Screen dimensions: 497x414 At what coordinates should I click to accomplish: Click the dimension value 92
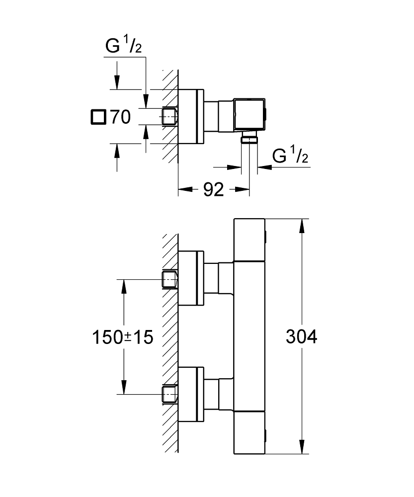point(213,189)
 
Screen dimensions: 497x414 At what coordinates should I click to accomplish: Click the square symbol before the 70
point(98,117)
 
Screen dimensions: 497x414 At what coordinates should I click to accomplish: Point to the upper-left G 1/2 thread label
point(124,47)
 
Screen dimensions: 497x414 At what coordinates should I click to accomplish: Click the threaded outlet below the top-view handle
point(249,139)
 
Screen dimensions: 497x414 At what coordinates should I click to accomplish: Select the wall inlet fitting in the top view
point(170,116)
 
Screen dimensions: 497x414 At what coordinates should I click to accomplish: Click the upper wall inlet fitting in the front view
point(169,280)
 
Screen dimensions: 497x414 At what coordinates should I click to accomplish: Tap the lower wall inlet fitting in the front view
point(169,394)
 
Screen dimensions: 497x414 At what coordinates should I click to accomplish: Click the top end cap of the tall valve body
point(250,240)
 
